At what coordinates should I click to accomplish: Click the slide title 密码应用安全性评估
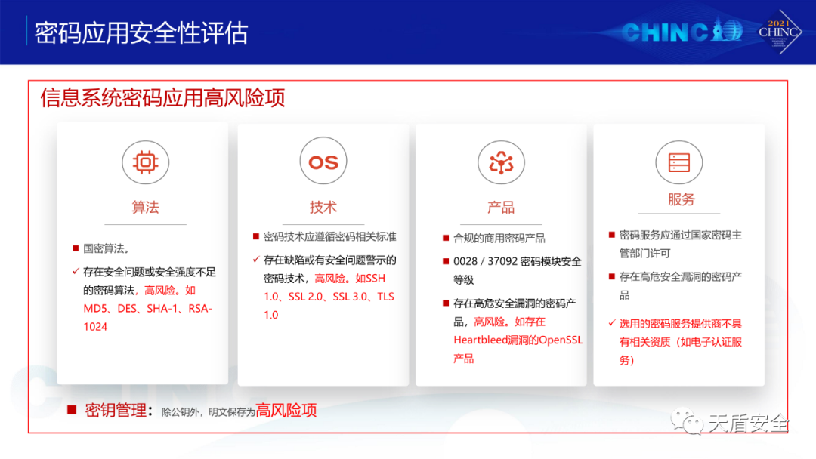[x=141, y=32]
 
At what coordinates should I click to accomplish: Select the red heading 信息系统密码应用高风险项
[x=163, y=97]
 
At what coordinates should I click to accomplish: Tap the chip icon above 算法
[x=145, y=162]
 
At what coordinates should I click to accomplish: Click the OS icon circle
[x=323, y=161]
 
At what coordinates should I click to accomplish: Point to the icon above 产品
[x=501, y=162]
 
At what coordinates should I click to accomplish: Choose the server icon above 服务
[x=679, y=162]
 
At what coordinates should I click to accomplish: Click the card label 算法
[x=145, y=208]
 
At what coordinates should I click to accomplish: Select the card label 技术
[x=323, y=208]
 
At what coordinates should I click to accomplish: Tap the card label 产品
[x=501, y=208]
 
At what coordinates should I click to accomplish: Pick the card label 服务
[x=682, y=199]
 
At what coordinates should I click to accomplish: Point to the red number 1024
[x=95, y=327]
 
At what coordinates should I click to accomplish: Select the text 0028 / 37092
[x=486, y=261]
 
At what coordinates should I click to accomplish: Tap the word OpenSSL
[x=561, y=340]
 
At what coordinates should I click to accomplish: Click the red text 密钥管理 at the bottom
[x=116, y=411]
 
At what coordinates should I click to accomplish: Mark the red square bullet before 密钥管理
[x=72, y=411]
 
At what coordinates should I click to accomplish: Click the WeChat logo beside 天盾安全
[x=686, y=421]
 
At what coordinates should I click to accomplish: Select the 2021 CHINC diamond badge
[x=779, y=32]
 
